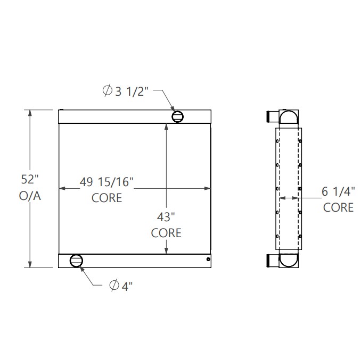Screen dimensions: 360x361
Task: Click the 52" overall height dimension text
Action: point(30,180)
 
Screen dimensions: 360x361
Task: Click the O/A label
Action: point(30,196)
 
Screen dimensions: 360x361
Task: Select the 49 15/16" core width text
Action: point(106,182)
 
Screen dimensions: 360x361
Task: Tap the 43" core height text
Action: point(166,217)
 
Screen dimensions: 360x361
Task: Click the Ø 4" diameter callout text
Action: point(121,286)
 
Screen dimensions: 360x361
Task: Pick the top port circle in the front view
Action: point(177,115)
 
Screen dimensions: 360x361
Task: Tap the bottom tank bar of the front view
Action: point(138,260)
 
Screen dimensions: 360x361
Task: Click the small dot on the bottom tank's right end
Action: point(208,259)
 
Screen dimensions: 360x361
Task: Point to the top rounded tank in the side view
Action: point(289,117)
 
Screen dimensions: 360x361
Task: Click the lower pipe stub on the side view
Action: point(270,260)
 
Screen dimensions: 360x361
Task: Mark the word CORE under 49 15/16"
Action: point(106,198)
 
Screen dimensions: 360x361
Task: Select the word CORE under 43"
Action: point(166,233)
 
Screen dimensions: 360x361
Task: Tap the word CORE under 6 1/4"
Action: point(339,207)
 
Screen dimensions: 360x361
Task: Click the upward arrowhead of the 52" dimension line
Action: point(30,112)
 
